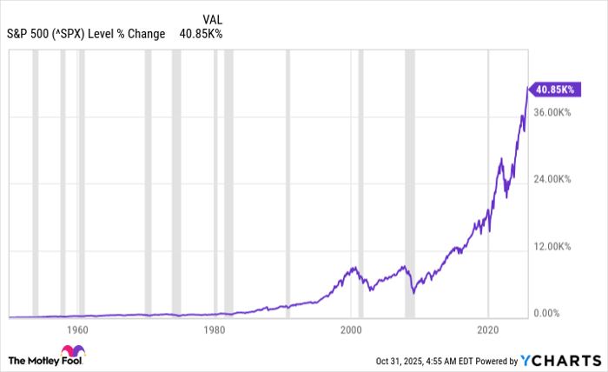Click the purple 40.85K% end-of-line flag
click(552, 88)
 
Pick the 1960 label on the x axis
click(77, 330)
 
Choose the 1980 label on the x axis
click(214, 330)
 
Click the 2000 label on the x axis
click(351, 330)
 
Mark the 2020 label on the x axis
click(488, 330)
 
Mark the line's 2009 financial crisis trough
click(413, 293)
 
